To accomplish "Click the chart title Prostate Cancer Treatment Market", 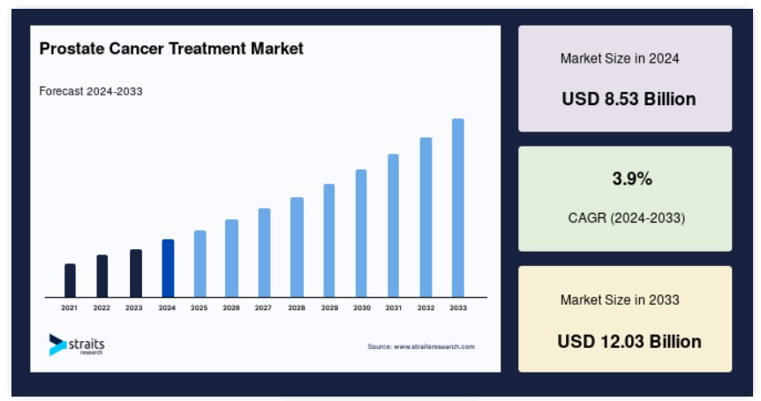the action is [171, 49].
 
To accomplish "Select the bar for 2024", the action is [168, 268].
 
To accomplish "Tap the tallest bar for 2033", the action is [457, 208].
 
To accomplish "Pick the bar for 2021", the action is [70, 280].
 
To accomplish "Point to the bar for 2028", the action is [297, 247].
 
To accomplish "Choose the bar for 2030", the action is [361, 233].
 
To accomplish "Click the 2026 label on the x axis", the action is [231, 307].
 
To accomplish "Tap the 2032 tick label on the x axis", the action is [426, 307].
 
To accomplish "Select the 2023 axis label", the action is [134, 307].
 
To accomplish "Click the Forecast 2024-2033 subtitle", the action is [91, 91].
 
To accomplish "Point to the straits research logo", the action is [77, 344].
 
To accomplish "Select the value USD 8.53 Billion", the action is [629, 99].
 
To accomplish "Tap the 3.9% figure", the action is [632, 178].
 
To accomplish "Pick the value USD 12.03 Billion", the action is [629, 341].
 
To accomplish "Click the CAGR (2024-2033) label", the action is [627, 218].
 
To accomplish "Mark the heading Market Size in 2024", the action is [620, 58].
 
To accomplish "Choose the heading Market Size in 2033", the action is [620, 299].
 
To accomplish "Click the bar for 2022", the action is [102, 276].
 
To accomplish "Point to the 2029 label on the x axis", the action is [329, 307].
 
